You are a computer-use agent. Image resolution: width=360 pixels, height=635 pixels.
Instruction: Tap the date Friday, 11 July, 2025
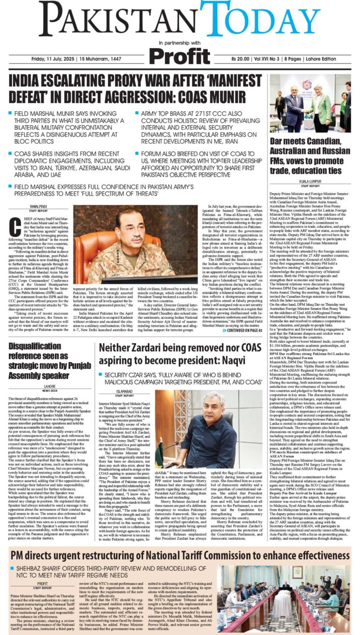[50, 59]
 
